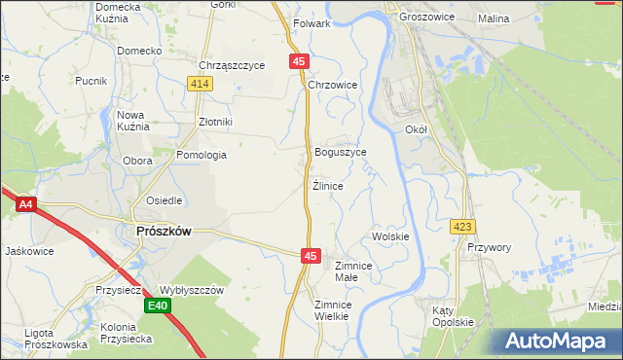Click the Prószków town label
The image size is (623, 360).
coord(161,231)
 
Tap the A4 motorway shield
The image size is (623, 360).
coord(26,204)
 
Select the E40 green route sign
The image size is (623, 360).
coord(160,306)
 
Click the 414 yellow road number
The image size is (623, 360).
coord(201,85)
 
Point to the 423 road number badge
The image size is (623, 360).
coord(462,227)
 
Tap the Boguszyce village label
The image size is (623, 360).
coord(341,153)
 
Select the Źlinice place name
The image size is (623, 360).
coord(328,185)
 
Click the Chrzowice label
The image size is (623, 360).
coord(333,86)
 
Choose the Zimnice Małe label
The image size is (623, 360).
coord(353,270)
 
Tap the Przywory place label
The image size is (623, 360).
coord(489,248)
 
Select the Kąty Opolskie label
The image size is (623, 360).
coord(453,316)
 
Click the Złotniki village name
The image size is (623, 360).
coord(215,122)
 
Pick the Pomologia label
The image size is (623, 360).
coord(202,155)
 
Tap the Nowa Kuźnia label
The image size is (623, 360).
coord(131,121)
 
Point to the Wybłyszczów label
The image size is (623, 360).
coord(192,290)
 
